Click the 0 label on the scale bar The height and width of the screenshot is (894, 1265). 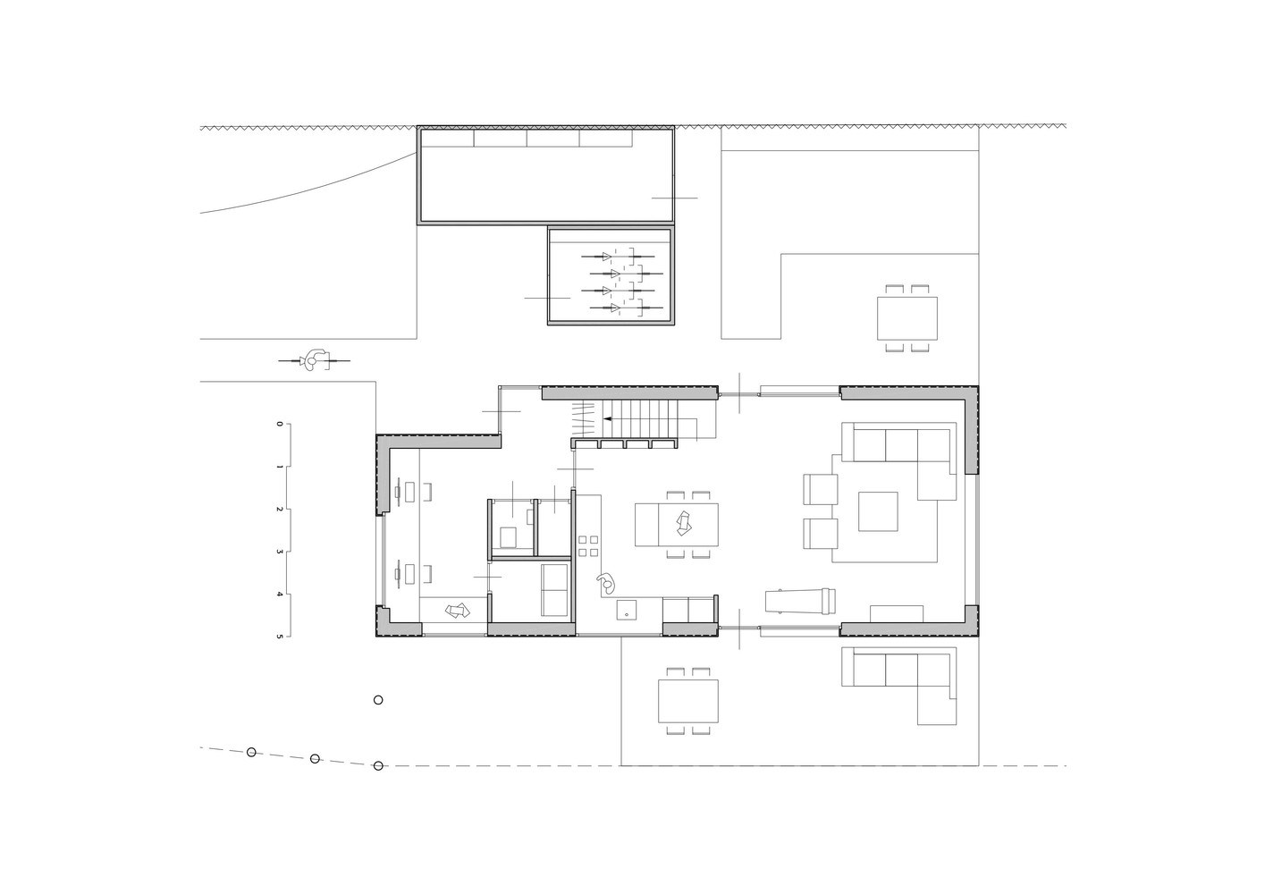[279, 424]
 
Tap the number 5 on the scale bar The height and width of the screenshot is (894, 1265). [279, 636]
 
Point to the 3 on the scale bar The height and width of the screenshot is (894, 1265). [279, 552]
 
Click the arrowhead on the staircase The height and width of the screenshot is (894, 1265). [608, 419]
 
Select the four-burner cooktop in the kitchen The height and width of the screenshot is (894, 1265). [588, 546]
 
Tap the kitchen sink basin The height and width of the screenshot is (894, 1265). [627, 609]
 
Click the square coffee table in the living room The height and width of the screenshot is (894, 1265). [878, 511]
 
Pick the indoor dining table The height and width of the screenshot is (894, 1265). [677, 525]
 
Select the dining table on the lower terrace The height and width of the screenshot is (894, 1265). [687, 701]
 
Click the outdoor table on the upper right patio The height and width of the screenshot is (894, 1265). [907, 318]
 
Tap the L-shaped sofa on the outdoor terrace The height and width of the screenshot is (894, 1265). [899, 678]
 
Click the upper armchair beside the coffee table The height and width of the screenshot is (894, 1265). [821, 489]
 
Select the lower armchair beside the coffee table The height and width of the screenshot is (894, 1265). [821, 533]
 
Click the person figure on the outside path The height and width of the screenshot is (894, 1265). [314, 359]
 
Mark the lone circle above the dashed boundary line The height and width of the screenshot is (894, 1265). [378, 700]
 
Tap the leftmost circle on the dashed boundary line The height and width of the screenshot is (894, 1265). [252, 752]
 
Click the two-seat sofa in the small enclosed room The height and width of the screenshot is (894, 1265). [554, 590]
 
